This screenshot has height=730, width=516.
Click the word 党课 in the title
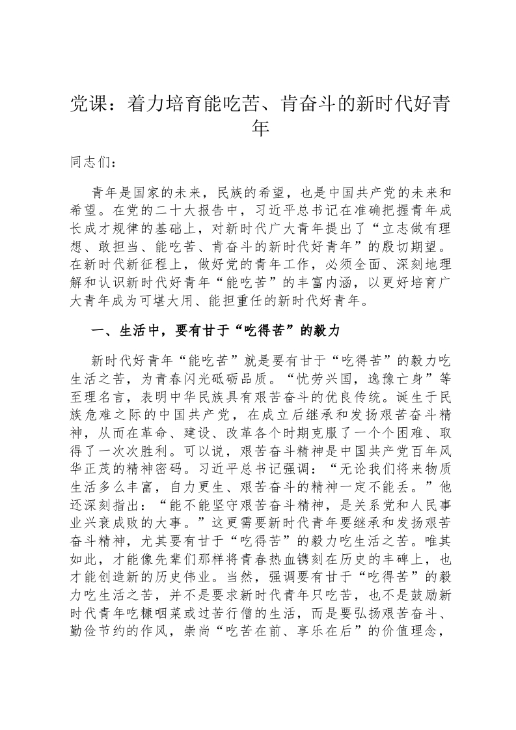86,104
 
